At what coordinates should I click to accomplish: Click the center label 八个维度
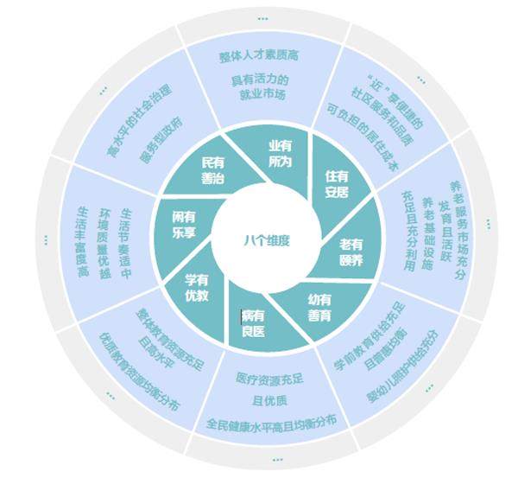tap(266, 240)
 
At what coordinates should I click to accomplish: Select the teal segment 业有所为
tap(280, 153)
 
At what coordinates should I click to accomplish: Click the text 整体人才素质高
tap(258, 56)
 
